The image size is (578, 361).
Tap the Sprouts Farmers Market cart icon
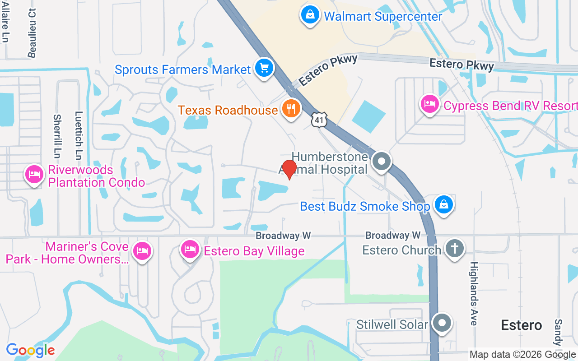tap(264, 69)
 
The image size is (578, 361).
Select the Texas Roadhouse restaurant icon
tap(292, 109)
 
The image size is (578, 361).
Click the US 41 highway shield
tap(319, 120)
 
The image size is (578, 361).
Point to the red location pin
tap(289, 169)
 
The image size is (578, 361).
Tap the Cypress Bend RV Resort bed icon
tap(429, 105)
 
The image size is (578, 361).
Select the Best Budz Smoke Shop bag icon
tap(444, 205)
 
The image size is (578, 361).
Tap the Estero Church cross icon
tap(455, 249)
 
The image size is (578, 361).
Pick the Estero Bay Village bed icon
tap(190, 250)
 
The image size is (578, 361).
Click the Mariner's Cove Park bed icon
tap(143, 250)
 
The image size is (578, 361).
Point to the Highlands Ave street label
tap(474, 293)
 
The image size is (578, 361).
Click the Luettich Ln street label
tap(79, 135)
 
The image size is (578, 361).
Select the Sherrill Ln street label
tap(57, 134)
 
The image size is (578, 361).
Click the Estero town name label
tap(522, 325)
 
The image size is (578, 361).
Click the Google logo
tap(30, 350)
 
